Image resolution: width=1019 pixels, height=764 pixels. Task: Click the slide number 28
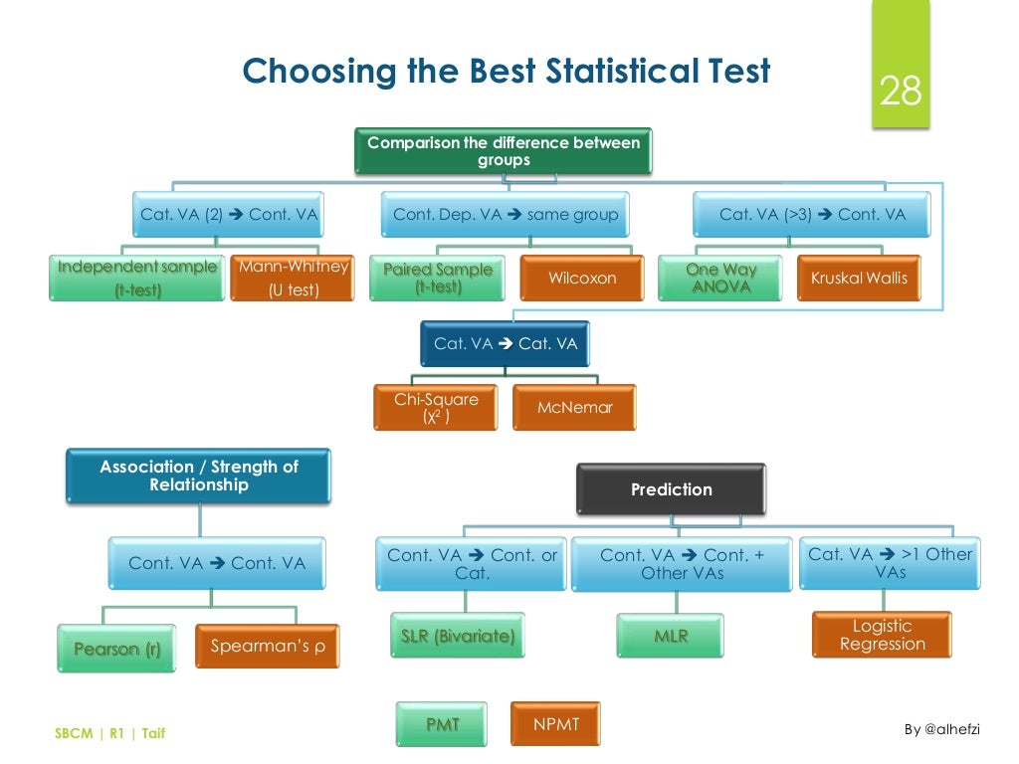pyautogui.click(x=901, y=93)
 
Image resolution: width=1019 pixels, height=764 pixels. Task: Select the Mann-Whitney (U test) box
pyautogui.click(x=293, y=278)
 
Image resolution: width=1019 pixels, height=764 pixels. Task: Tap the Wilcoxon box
pyautogui.click(x=582, y=278)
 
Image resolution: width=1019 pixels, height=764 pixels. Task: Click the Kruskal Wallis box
pyautogui.click(x=859, y=278)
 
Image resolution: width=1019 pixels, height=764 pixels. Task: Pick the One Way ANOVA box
pyautogui.click(x=720, y=278)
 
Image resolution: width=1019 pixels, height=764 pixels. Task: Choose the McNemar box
pyautogui.click(x=574, y=407)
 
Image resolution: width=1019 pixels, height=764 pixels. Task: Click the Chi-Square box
pyautogui.click(x=436, y=408)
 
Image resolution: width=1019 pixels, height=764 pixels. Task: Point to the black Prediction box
pyautogui.click(x=672, y=489)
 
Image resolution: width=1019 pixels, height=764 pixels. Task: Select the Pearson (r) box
pyautogui.click(x=116, y=649)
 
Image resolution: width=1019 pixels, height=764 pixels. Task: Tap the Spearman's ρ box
pyautogui.click(x=267, y=647)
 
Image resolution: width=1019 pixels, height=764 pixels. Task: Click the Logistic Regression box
pyautogui.click(x=882, y=635)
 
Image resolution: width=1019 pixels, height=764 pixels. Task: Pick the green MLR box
pyautogui.click(x=671, y=636)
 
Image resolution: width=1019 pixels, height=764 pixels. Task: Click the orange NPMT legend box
pyautogui.click(x=556, y=724)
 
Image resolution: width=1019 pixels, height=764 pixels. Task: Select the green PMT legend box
pyautogui.click(x=443, y=724)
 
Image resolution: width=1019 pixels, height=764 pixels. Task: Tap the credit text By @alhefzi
pyautogui.click(x=941, y=729)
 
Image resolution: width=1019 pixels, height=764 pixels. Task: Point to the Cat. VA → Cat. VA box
pyautogui.click(x=505, y=344)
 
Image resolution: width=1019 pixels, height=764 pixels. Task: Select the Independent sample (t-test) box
pyautogui.click(x=136, y=278)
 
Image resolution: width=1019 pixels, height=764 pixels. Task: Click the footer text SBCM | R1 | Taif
pyautogui.click(x=109, y=734)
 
